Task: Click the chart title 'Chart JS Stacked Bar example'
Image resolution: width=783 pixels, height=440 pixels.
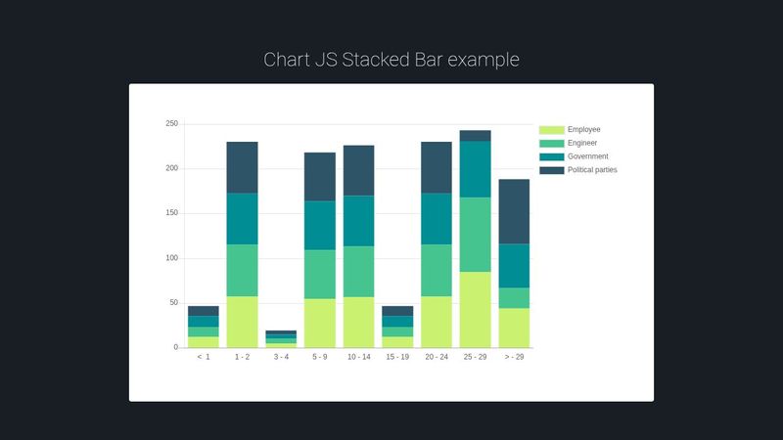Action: point(391,60)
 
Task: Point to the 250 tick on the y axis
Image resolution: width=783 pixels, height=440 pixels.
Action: point(171,124)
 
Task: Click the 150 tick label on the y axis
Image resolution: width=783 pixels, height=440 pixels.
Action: point(171,213)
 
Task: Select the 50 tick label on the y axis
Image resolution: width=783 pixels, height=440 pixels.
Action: point(173,303)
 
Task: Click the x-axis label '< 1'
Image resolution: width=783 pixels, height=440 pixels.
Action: point(204,358)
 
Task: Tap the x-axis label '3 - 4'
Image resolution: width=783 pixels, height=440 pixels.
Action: point(281,358)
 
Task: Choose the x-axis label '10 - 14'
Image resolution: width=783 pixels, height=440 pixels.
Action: point(358,358)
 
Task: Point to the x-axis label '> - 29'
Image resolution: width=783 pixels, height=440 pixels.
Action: point(514,358)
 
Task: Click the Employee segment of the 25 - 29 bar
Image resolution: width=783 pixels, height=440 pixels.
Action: point(475,310)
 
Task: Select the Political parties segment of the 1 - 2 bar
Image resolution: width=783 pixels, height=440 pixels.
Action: point(242,167)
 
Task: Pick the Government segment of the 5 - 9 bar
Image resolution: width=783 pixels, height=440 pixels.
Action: point(319,225)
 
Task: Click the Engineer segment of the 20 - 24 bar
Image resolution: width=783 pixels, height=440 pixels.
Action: point(437,270)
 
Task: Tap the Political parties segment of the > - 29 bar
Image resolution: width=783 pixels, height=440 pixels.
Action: point(514,211)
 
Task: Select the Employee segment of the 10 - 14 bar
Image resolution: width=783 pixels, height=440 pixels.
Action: point(358,323)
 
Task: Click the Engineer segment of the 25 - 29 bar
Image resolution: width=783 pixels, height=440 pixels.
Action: point(475,235)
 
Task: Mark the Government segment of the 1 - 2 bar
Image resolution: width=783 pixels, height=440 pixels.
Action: point(242,218)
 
